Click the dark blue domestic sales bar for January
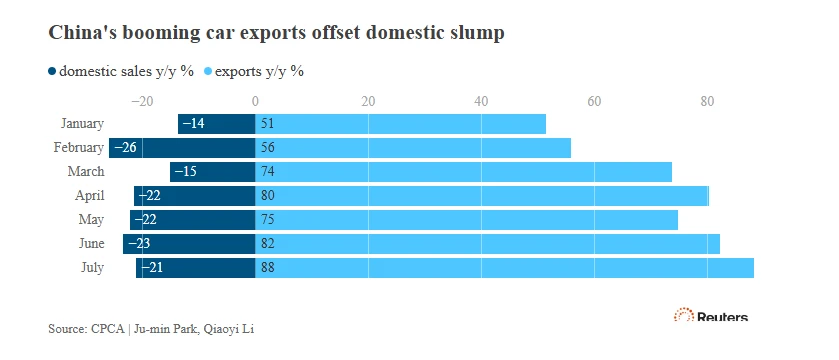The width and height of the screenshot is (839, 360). pos(217,124)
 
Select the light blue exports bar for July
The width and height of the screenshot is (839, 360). pos(505,268)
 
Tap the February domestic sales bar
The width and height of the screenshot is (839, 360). pos(182,148)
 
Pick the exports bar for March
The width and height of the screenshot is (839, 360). pos(463,172)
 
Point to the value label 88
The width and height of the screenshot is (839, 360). pos(268,268)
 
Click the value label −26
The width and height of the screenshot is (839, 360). pos(125,148)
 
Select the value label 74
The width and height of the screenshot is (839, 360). pos(268,172)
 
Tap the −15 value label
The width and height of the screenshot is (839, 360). pos(185,172)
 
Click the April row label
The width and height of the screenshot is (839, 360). pos(89,196)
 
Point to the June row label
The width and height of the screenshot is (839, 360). pos(91,244)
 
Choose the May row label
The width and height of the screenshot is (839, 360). pos(91,220)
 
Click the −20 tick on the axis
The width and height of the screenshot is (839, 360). pos(142,101)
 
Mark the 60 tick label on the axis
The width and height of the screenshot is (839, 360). pos(594,101)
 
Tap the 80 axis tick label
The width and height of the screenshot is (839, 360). pos(707,101)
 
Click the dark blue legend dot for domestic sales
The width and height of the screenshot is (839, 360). pos(52,71)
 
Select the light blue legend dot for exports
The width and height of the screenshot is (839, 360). pos(208,71)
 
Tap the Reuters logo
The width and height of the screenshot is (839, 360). pos(711,315)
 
